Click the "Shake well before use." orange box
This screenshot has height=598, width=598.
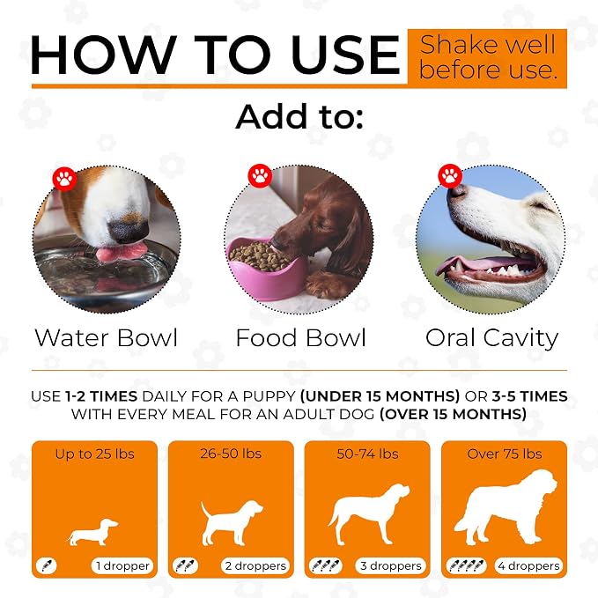487,57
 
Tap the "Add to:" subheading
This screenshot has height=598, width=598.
299,116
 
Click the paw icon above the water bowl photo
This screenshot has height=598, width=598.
64,178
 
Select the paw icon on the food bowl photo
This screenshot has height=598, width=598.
260,176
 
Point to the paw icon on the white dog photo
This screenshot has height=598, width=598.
450,176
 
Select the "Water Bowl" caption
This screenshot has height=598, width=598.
106,337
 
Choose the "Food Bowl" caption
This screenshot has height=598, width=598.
301,337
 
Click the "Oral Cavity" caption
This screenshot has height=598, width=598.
492,338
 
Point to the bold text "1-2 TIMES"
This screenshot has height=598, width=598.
101,396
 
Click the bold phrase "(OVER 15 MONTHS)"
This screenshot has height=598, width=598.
453,414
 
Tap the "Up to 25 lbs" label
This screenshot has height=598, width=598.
94,454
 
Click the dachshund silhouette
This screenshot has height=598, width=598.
92,532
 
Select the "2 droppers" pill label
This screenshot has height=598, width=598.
255,566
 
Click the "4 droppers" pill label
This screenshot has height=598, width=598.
528,566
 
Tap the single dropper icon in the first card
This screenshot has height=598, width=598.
47,565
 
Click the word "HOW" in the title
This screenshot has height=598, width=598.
103,55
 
